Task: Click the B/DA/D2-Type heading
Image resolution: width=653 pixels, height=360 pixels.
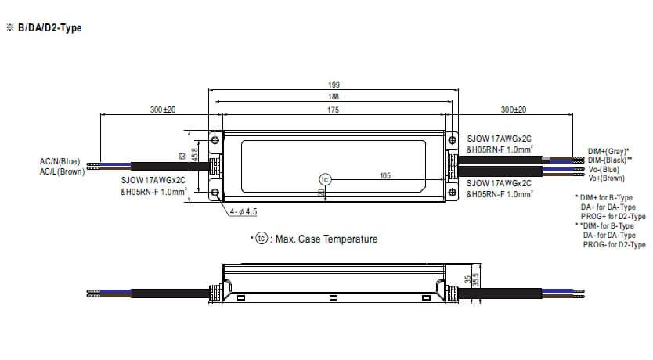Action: coord(49,28)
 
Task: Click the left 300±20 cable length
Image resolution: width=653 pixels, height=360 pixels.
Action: coord(162,110)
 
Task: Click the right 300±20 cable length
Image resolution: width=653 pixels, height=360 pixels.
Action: coord(514,110)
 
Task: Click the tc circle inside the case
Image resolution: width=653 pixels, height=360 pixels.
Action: coord(326,178)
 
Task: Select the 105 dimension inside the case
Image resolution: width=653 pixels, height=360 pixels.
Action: coord(384,176)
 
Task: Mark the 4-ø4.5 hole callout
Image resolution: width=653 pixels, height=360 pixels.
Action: coord(245,211)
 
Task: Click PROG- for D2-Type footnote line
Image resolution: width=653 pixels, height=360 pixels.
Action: coord(614,245)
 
